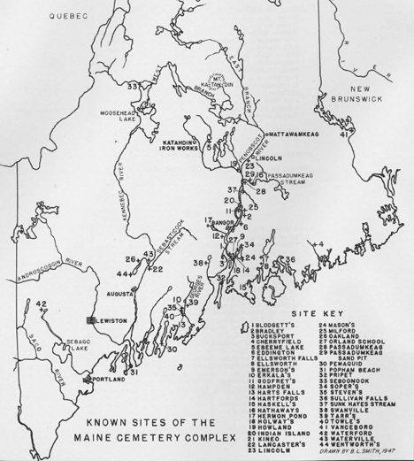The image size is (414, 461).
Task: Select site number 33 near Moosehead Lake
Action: [x=133, y=86]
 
